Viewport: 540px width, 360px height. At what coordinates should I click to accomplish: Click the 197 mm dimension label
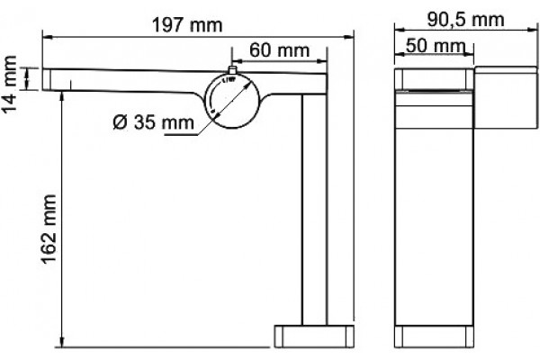[x=188, y=25]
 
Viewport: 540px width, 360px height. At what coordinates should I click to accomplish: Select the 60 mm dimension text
[x=279, y=50]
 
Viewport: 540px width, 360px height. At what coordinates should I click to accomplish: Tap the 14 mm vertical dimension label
[x=9, y=84]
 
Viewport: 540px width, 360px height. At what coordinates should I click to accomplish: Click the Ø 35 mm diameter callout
[x=153, y=122]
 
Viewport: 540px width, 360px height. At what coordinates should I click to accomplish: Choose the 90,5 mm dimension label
[x=465, y=20]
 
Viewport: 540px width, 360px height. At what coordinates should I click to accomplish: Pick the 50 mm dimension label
[x=435, y=46]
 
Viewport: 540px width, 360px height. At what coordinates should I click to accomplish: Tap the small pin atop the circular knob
[x=232, y=70]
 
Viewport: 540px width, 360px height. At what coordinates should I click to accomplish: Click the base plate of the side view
[x=314, y=336]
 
